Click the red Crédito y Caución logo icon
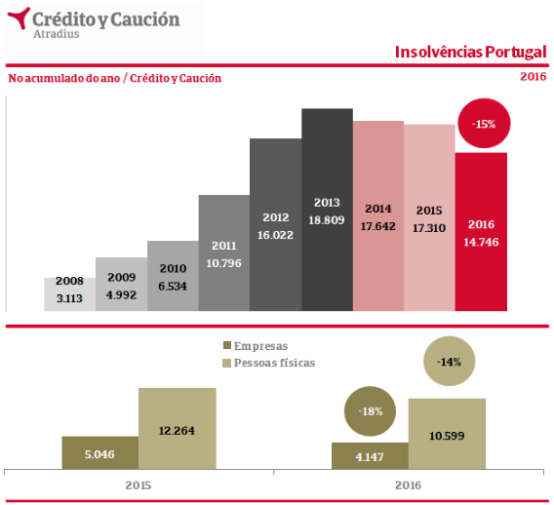(20, 18)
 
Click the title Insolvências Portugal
(471, 53)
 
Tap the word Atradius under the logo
(57, 34)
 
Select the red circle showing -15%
(484, 123)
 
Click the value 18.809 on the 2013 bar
(327, 220)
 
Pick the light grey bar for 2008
(69, 294)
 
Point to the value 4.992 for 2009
(121, 294)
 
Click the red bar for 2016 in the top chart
(481, 232)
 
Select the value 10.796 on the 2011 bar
(223, 263)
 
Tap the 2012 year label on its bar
(276, 217)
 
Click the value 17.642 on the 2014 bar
(378, 226)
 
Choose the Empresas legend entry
(256, 346)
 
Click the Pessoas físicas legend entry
(268, 363)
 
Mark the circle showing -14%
(449, 361)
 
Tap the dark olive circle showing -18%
(370, 411)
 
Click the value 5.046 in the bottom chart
(99, 454)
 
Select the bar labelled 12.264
(178, 429)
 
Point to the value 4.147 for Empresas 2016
(370, 457)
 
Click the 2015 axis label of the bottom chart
(138, 486)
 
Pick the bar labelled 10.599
(447, 434)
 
